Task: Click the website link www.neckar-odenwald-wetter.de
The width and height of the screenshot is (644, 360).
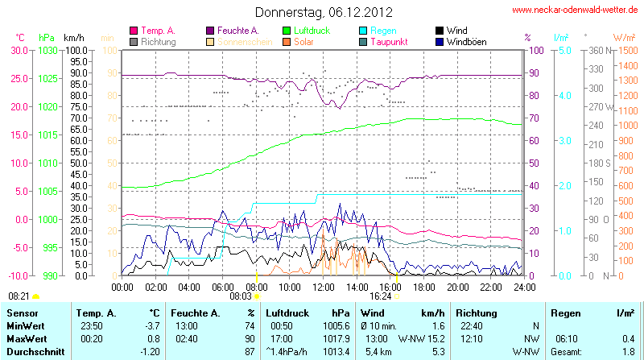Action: (x=575, y=10)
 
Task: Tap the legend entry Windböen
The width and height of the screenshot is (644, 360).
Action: (x=465, y=41)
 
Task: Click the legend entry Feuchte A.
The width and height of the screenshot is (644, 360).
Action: (x=238, y=31)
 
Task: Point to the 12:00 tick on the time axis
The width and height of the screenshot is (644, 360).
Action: (x=323, y=286)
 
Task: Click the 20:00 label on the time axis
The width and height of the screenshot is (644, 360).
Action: (x=457, y=286)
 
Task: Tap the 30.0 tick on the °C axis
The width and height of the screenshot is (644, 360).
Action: (x=19, y=50)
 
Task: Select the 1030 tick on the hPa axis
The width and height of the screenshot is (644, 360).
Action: (x=47, y=50)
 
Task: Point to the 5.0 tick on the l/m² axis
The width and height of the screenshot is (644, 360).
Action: (x=564, y=50)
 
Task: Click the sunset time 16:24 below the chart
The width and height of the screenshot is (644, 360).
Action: (x=381, y=296)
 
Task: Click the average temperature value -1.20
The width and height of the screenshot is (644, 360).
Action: (x=149, y=352)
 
